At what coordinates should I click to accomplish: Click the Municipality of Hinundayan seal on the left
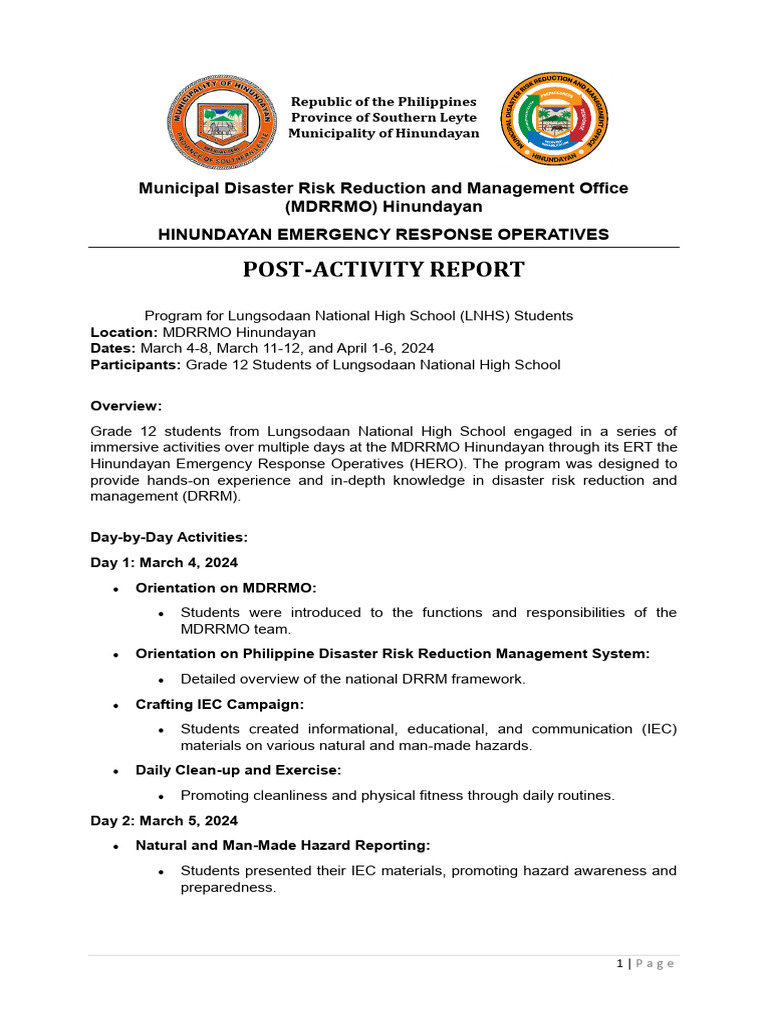(221, 120)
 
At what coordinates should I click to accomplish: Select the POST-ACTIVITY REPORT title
(384, 269)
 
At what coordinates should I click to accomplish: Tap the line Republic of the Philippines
(383, 102)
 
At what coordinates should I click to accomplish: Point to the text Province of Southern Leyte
(383, 118)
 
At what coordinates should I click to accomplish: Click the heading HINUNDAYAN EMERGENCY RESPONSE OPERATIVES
(384, 234)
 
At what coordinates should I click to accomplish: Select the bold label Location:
(124, 332)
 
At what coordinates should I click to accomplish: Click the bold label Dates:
(113, 348)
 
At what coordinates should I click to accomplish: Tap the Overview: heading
(126, 406)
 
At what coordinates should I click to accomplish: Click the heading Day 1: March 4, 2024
(164, 563)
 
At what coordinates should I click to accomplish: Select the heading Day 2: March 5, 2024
(164, 820)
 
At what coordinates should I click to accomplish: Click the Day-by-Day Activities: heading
(169, 537)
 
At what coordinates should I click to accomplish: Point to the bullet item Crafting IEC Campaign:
(220, 705)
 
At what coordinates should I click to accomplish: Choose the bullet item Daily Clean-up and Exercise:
(238, 770)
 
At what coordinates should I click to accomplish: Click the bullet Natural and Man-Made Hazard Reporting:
(283, 846)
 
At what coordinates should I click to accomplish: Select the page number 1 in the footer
(619, 964)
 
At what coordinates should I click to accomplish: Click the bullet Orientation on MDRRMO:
(225, 588)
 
